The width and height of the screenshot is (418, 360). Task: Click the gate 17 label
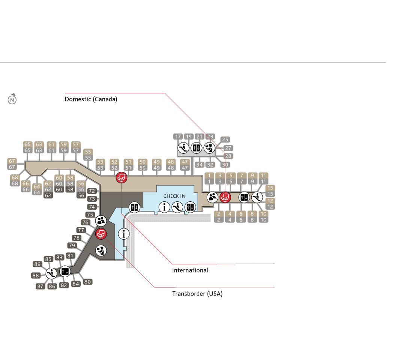pos(178,137)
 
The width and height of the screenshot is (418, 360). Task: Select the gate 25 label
pos(225,139)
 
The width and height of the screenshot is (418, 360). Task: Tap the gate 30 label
pos(225,165)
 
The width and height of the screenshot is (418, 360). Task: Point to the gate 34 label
pos(199,165)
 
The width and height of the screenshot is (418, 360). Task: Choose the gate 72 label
pos(92,191)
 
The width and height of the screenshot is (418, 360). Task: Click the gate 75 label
pos(90,215)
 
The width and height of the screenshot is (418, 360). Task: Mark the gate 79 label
pos(72,246)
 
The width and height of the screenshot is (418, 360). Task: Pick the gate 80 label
pos(87,282)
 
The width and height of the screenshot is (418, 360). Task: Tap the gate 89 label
pos(37,264)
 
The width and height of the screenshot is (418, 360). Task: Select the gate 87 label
pos(41,286)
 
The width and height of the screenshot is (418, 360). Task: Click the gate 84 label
pos(76,284)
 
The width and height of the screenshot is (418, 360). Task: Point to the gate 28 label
pos(228,156)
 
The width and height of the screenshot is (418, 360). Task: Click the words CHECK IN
pos(174,196)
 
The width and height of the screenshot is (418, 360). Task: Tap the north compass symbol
pos(12,100)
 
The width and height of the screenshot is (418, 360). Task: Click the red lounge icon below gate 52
pos(122,177)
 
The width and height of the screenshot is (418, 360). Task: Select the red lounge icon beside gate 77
pos(101,234)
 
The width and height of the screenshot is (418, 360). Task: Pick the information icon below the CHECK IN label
pos(164,207)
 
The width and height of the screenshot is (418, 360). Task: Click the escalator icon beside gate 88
pos(51,273)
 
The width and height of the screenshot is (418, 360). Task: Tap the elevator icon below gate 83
pos(65,271)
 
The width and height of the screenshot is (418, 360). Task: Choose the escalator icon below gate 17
pos(183,148)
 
